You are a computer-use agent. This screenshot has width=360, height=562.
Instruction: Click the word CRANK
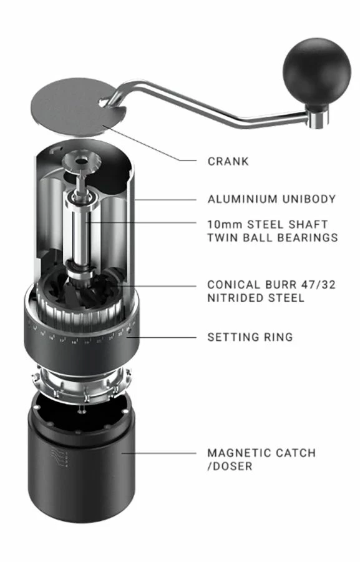pos(228,161)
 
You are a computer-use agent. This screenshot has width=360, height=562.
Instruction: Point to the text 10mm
pos(223,224)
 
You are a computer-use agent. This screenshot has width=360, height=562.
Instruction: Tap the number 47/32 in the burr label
pos(316,285)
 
